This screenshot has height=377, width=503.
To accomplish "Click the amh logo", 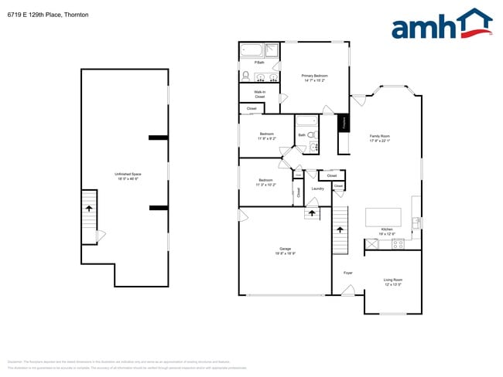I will [441, 25].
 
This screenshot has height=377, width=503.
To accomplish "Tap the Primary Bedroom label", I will [315, 77].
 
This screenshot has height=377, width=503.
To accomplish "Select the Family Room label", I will [379, 138].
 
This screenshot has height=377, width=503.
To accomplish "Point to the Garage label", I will [286, 251].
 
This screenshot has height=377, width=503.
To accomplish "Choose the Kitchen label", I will [387, 231].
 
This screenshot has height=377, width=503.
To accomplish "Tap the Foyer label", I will [348, 273].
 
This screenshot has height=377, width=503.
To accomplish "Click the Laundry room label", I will [317, 188].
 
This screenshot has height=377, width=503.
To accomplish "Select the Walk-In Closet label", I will [260, 94].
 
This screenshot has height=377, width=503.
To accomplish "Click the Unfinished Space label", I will [128, 176].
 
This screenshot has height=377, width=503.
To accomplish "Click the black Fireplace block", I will [343, 123].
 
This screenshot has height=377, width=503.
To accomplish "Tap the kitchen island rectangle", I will [383, 216].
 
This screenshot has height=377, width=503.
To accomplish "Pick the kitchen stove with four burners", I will [399, 244].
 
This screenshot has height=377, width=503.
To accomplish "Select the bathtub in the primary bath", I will [252, 51].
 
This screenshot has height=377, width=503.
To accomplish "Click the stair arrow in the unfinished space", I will [89, 209].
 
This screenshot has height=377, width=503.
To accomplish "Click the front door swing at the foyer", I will [348, 291].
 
